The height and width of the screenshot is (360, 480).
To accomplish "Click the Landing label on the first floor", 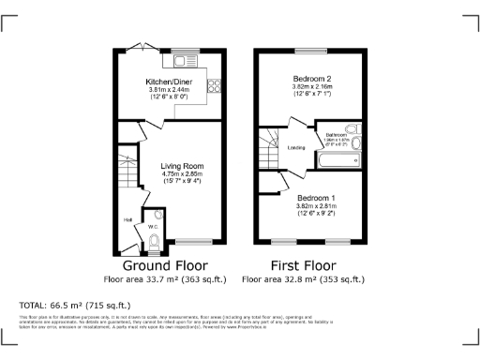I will tap(296, 147).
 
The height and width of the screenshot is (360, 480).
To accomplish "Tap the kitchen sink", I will tap(180, 62).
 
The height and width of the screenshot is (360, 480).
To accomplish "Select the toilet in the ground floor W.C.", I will tap(155, 238).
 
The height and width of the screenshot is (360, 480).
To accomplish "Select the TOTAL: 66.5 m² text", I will tap(75, 306).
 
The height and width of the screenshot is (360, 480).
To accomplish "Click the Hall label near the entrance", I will tap(127, 220).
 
